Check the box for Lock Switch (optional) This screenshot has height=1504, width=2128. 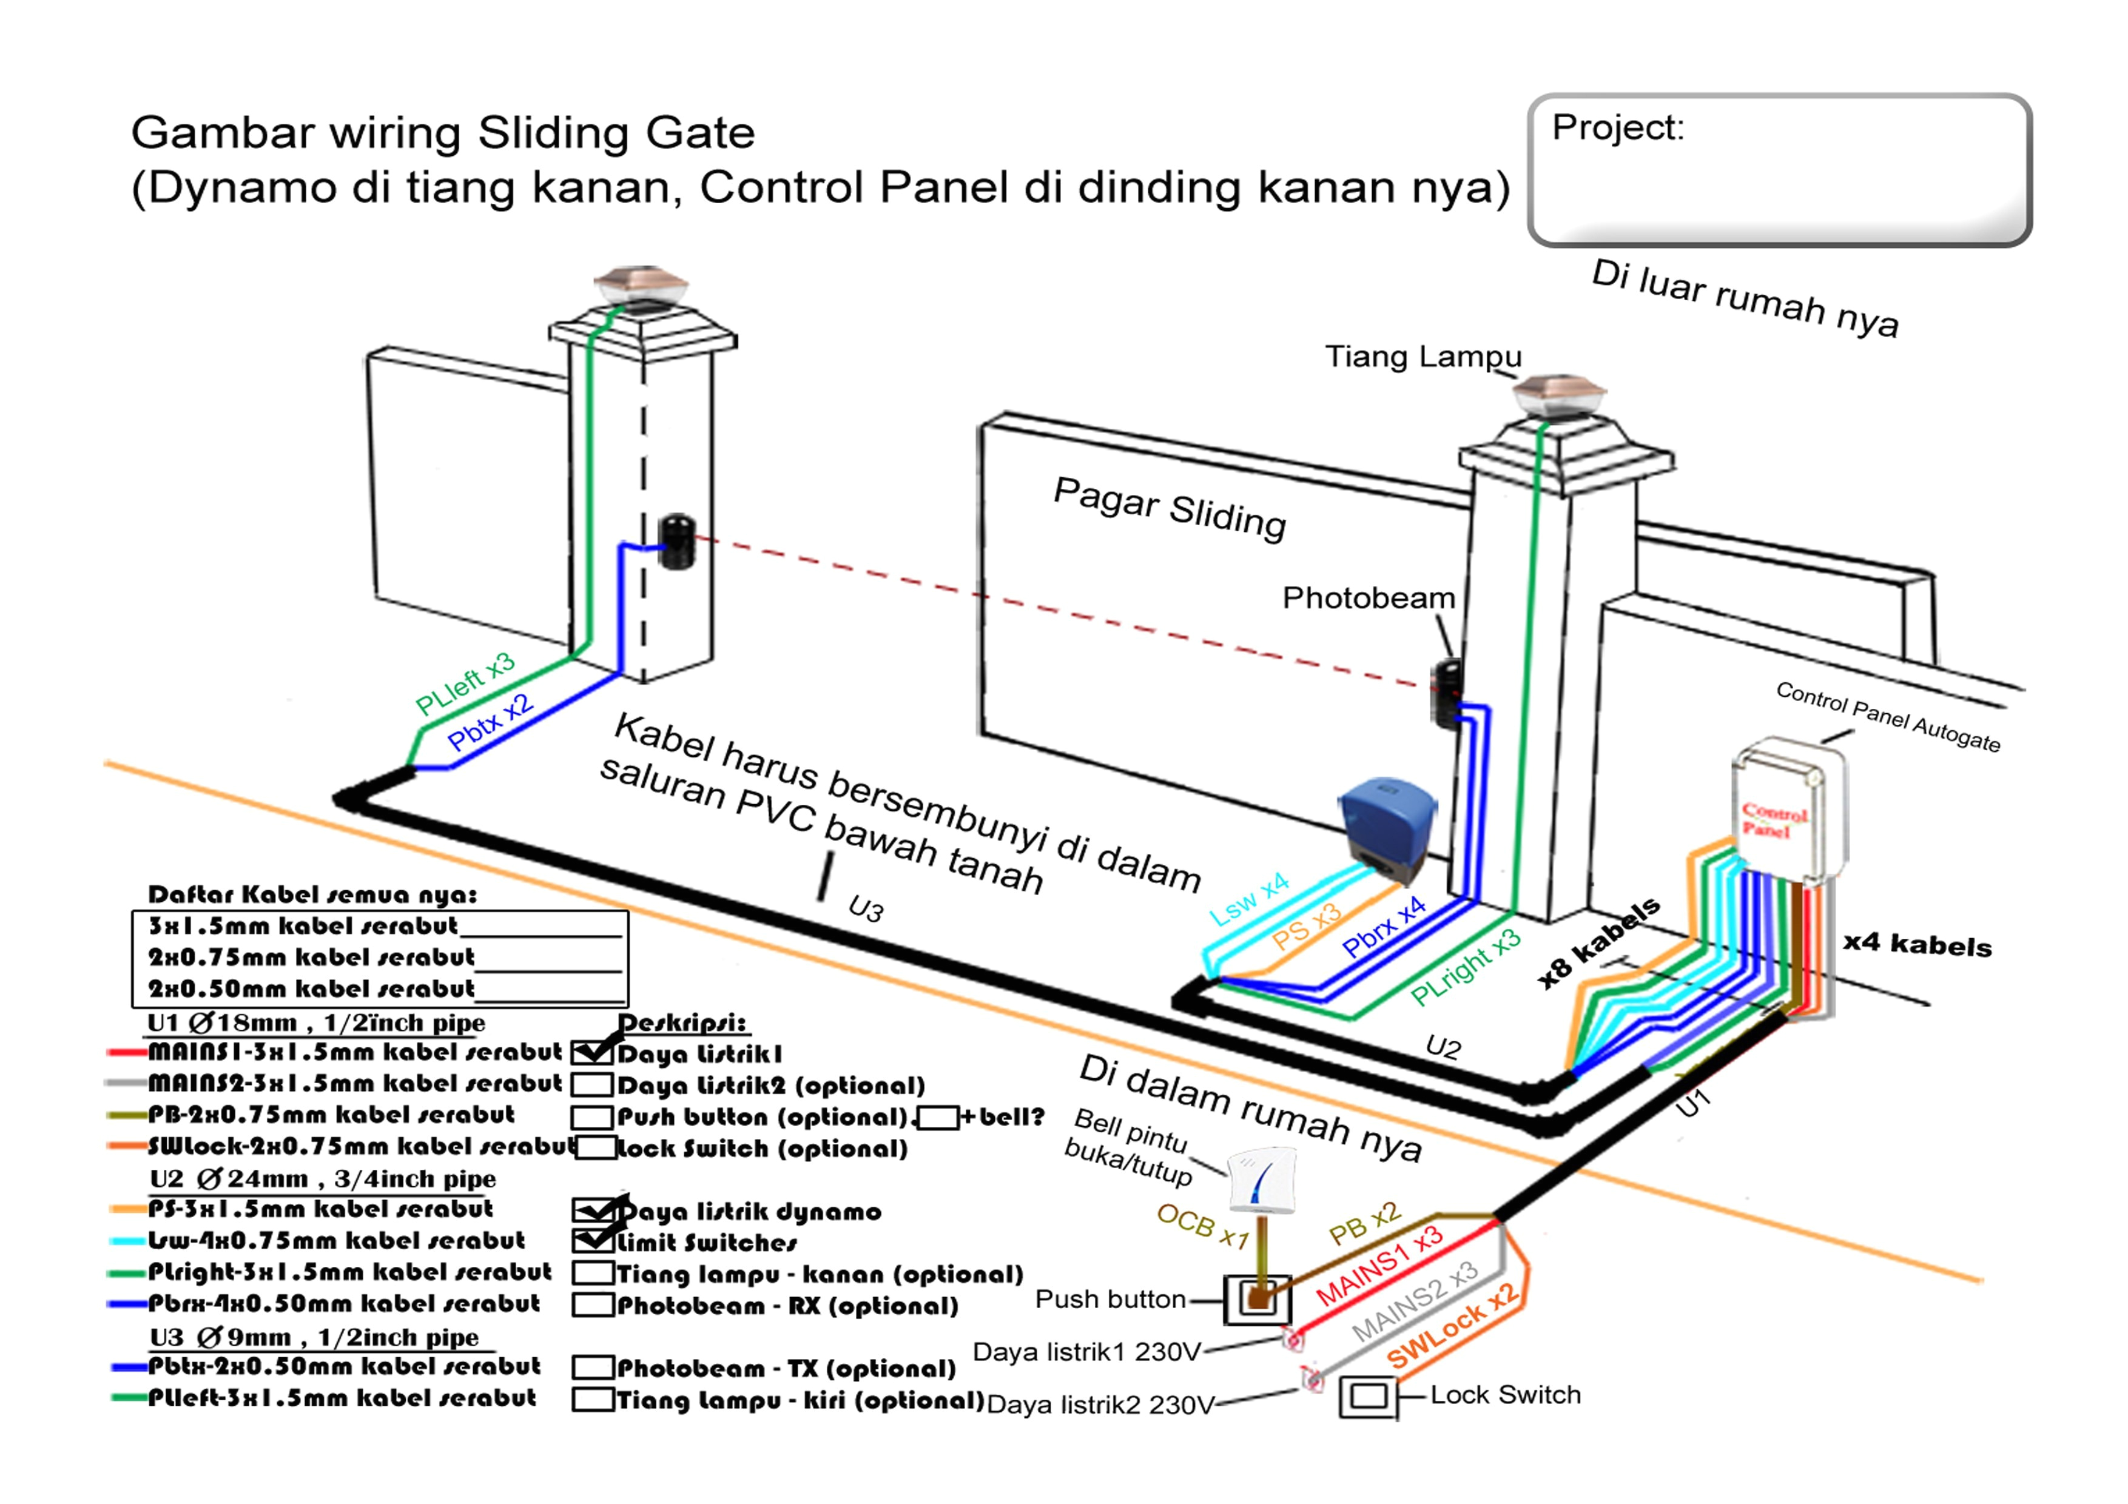(594, 1148)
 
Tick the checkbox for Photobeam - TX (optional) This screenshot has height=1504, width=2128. (593, 1368)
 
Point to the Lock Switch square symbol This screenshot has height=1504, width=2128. (1368, 1397)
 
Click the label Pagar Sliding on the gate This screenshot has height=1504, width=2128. (1170, 508)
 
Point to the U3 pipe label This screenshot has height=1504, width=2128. (866, 910)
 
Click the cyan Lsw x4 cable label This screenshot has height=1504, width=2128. (1250, 898)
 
